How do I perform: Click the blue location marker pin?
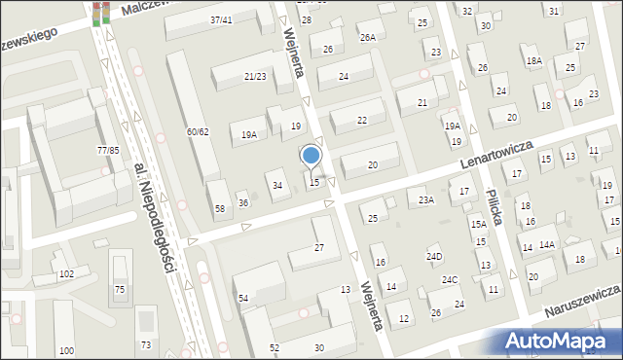[311, 157]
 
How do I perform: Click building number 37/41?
[221, 19]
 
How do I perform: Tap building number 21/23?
[255, 76]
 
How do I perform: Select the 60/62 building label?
[198, 131]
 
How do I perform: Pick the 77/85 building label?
[108, 150]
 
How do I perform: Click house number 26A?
[367, 38]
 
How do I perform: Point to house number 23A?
[425, 200]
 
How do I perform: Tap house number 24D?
[434, 257]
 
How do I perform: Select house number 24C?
[449, 280]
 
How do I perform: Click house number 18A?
[533, 61]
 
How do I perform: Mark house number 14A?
[547, 245]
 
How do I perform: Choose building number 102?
[66, 274]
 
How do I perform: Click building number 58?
[220, 209]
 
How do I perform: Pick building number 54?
[243, 298]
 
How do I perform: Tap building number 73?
[146, 345]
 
